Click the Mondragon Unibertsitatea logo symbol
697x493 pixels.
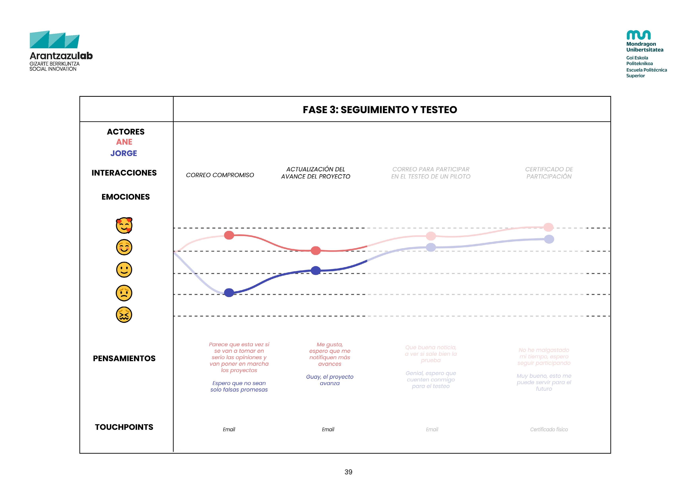coord(638,35)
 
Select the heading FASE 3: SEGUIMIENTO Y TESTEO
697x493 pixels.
coord(380,110)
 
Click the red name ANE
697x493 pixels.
coord(124,142)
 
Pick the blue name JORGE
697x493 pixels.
coord(124,153)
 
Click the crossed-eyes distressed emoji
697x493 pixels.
coord(124,315)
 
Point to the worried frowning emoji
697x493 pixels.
coord(124,293)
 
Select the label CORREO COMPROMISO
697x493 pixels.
coord(220,175)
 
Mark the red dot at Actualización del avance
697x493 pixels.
coord(316,250)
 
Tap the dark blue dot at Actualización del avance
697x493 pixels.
coord(316,270)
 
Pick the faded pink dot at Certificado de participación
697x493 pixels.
coord(548,227)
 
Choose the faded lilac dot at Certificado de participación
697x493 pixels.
coord(549,239)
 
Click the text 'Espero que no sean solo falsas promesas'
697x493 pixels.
coord(239,386)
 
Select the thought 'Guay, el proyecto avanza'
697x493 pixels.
coord(330,380)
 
